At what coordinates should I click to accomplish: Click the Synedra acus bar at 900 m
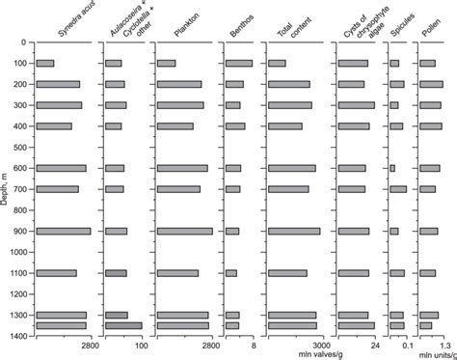click(64, 231)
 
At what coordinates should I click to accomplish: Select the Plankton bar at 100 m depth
click(166, 64)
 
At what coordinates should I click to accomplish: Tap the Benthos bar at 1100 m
click(230, 273)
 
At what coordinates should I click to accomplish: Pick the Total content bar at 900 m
click(293, 231)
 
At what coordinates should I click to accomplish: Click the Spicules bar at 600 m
click(392, 168)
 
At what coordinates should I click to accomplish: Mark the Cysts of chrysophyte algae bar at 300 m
click(356, 105)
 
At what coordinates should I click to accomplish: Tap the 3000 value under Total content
click(320, 345)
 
